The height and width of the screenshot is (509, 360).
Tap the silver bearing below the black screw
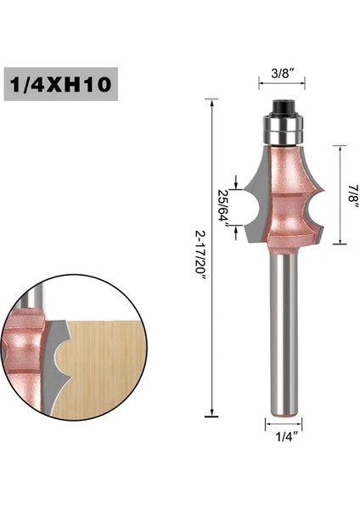pyautogui.click(x=282, y=128)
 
